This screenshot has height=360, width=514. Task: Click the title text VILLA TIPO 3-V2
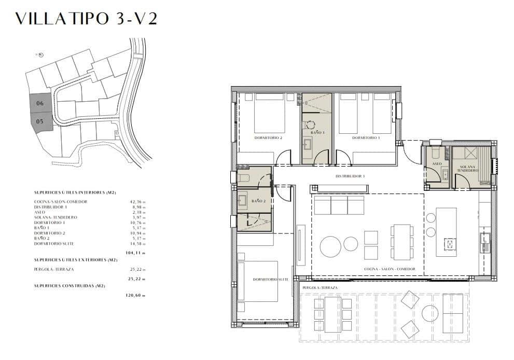pyautogui.click(x=86, y=19)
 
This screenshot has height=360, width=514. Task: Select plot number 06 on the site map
pyautogui.click(x=40, y=103)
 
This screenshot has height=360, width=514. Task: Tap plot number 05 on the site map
pyautogui.click(x=40, y=121)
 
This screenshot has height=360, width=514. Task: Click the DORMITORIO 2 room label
pyautogui.click(x=268, y=138)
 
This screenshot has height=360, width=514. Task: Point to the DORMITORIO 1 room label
pyautogui.click(x=366, y=138)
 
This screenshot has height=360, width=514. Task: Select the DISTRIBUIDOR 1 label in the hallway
pyautogui.click(x=350, y=176)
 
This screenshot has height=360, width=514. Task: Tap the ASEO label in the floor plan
pyautogui.click(x=436, y=164)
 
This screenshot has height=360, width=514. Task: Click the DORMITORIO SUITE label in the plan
pyautogui.click(x=270, y=280)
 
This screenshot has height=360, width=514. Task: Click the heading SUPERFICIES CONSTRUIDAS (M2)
pyautogui.click(x=70, y=286)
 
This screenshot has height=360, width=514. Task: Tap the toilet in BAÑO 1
pyautogui.click(x=311, y=124)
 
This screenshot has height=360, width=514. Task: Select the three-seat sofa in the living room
pyautogui.click(x=339, y=205)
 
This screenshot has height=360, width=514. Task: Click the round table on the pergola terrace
pyautogui.click(x=430, y=313)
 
